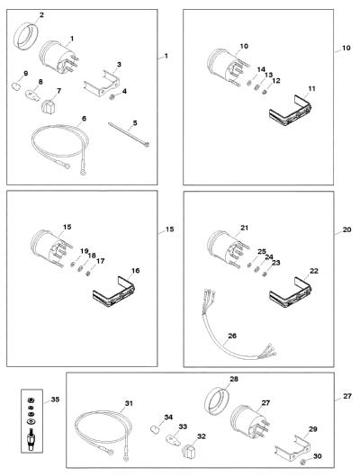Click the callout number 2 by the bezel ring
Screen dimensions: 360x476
(41, 14)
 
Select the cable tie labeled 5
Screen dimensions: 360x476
(129, 134)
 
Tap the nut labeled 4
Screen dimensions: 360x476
(112, 98)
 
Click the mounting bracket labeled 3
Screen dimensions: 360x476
(102, 84)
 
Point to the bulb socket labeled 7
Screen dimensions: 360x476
(48, 106)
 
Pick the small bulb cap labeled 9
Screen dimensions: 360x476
(15, 85)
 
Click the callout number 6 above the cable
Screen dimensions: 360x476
(84, 118)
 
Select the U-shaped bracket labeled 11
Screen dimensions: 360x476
(291, 111)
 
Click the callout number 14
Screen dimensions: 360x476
(261, 69)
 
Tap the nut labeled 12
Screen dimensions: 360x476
(264, 92)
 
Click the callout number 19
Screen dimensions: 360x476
(85, 251)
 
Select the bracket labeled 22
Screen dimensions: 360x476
(291, 292)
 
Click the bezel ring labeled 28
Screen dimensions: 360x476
(216, 400)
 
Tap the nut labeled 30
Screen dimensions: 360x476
(302, 462)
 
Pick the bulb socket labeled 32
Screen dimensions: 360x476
(189, 451)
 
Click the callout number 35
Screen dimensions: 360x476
(55, 400)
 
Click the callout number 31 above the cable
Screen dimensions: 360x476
(129, 403)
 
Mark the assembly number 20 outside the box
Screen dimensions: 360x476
(346, 229)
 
